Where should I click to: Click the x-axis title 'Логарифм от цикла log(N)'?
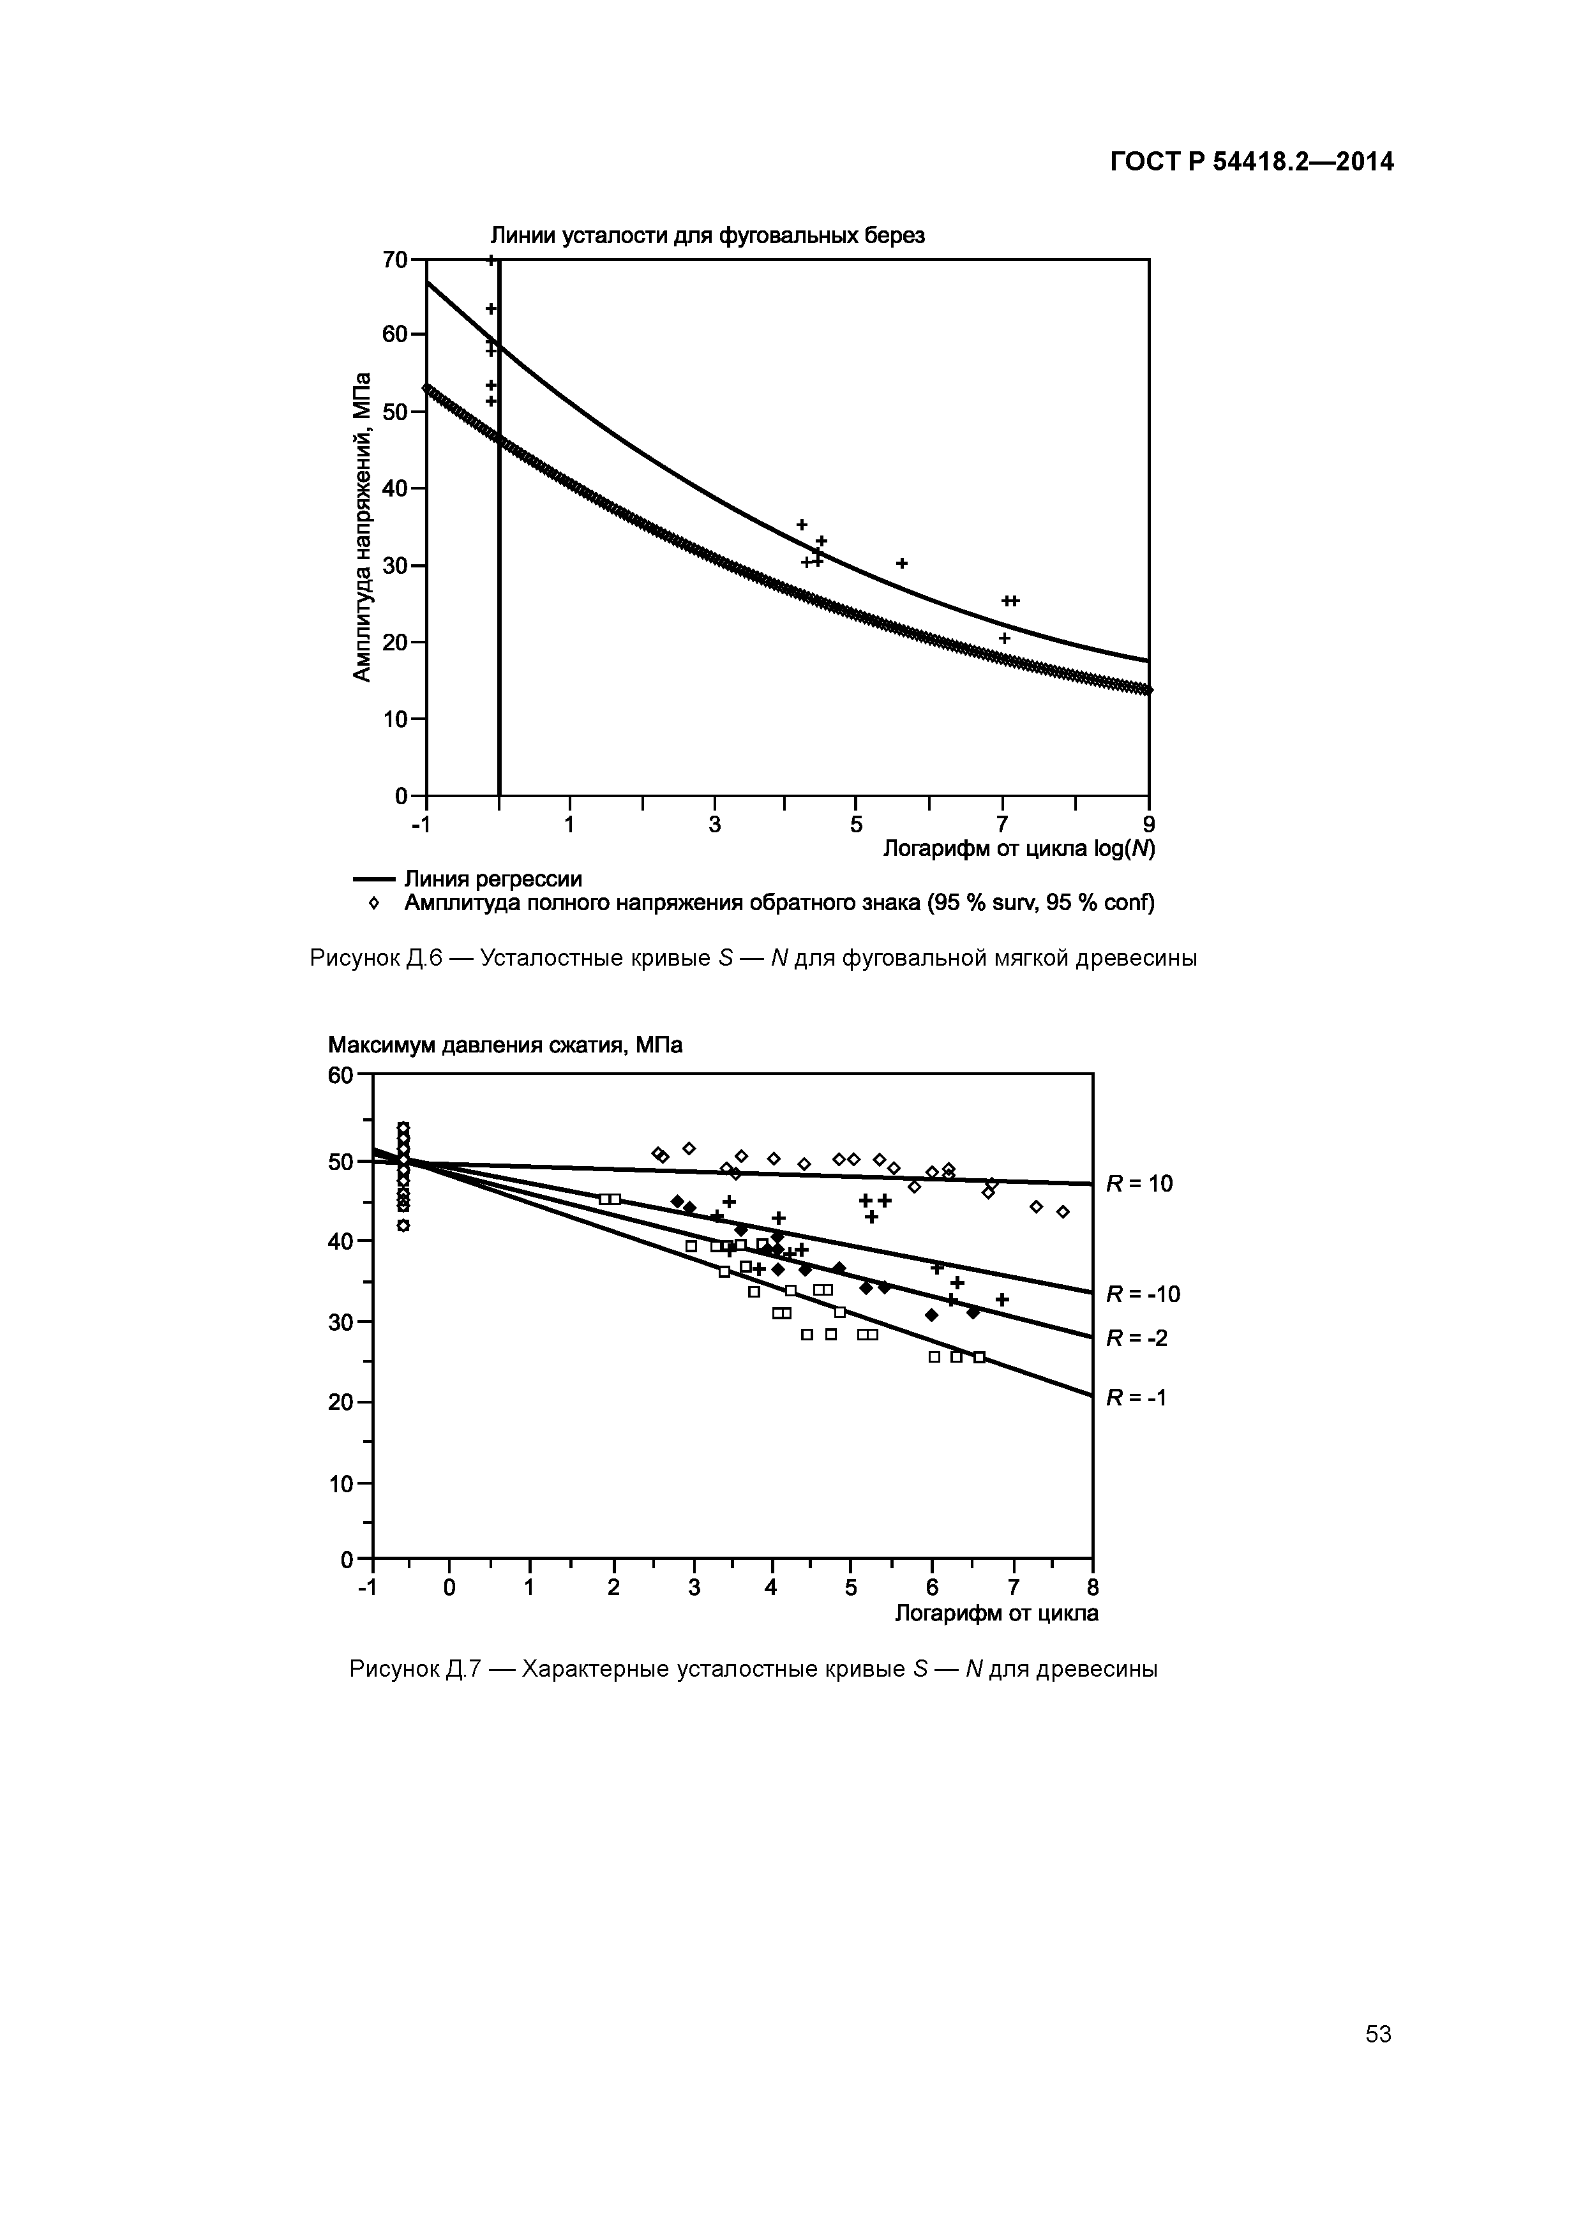1018,850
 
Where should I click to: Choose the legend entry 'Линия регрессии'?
493,879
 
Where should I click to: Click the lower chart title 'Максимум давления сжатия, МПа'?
506,1045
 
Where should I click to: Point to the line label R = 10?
1138,1184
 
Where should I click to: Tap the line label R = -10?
1142,1294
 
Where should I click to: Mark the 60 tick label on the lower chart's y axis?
340,1075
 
